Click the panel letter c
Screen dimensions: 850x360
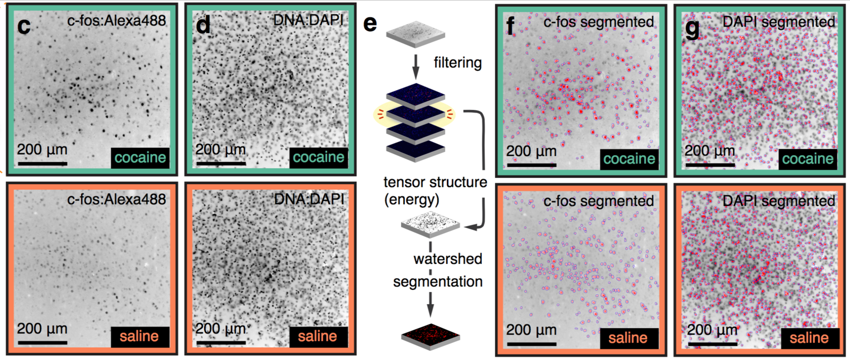[x=23, y=26]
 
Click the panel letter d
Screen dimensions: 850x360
[x=203, y=25]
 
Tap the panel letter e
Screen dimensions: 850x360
[x=370, y=23]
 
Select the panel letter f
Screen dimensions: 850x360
[x=511, y=25]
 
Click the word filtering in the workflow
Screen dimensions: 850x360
[x=457, y=63]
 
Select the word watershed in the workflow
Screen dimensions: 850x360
[x=448, y=259]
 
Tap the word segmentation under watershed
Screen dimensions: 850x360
[x=438, y=281]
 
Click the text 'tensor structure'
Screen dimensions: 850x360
[x=435, y=182]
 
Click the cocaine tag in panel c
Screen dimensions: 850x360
[x=140, y=158]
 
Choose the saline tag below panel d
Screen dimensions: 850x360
[x=318, y=337]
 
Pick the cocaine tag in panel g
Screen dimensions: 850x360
[x=807, y=159]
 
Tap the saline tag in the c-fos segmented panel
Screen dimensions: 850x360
[x=628, y=338]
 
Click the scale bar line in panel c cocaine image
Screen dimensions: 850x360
[x=42, y=164]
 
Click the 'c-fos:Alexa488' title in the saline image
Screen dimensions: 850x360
[x=116, y=200]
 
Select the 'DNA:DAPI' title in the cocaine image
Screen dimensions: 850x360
[x=308, y=21]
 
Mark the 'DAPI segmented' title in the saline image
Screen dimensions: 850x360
[x=779, y=201]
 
